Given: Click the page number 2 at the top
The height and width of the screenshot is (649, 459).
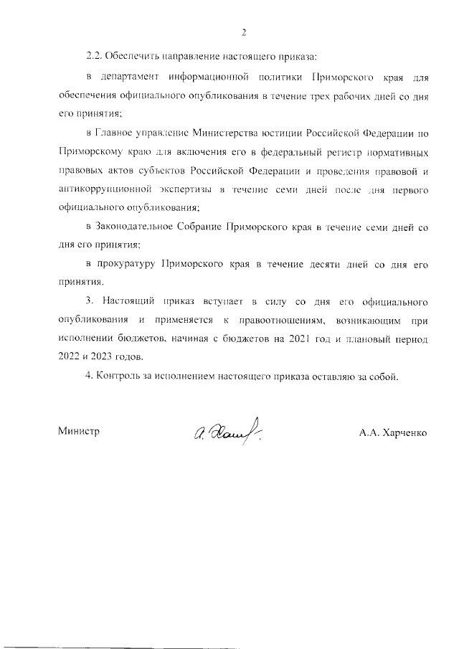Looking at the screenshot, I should click(244, 32).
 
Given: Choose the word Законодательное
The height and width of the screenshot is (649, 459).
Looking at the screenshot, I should click(146, 227).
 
